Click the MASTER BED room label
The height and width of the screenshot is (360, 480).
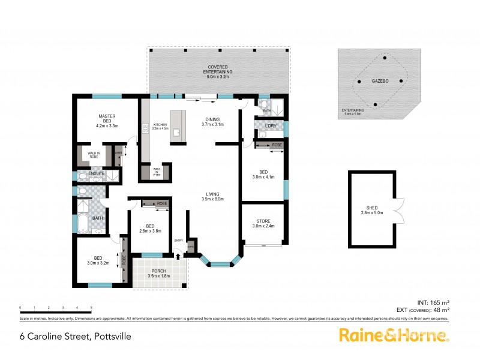pos(106,118)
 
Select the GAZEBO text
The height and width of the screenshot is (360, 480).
pos(379,80)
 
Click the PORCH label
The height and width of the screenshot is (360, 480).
pos(159,271)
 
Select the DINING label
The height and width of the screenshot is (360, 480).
pos(213,119)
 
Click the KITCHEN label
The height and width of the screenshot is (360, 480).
pos(159,124)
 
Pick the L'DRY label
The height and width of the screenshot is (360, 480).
pos(269,126)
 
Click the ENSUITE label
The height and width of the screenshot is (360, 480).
pos(97,174)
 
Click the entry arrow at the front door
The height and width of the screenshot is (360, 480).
pos(178,256)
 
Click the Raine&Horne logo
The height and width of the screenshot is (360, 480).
pos(394,335)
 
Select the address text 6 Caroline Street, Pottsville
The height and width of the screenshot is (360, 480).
pos(75,337)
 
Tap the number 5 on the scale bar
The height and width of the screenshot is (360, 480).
pos(91,308)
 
